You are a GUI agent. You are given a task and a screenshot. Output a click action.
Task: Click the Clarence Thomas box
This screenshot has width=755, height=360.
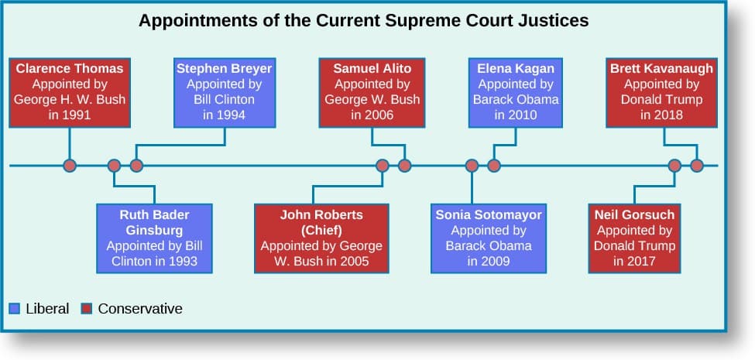[x=70, y=93]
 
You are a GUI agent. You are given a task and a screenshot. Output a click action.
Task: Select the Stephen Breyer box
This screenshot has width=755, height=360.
[x=225, y=93]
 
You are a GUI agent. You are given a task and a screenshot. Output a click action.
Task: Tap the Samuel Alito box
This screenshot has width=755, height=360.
[x=372, y=93]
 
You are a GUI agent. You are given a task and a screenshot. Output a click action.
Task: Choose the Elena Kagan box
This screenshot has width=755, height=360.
[x=516, y=93]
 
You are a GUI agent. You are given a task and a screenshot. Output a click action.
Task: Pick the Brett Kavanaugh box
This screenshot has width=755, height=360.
[x=661, y=93]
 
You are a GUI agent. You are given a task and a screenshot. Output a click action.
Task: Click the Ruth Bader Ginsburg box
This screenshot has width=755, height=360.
[x=154, y=238]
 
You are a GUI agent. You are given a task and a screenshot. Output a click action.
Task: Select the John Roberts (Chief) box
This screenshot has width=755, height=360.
[x=321, y=238]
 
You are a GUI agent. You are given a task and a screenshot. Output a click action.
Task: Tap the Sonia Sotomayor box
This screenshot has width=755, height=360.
[x=489, y=238]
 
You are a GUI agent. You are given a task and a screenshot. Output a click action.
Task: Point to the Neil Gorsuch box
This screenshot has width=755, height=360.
[x=635, y=238]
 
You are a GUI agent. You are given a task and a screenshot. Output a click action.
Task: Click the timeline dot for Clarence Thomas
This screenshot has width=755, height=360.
[x=70, y=166]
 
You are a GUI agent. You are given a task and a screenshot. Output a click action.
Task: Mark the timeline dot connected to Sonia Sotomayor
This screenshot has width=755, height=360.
[x=472, y=166]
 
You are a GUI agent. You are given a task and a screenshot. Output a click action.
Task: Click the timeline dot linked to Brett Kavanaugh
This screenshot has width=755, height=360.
[x=697, y=166]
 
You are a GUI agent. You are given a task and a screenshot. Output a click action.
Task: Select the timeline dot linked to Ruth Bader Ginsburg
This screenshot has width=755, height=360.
[x=114, y=166]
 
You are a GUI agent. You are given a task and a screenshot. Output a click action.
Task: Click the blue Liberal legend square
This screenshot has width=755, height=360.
[x=15, y=308]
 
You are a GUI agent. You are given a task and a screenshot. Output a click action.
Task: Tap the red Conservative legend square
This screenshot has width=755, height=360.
[x=86, y=308]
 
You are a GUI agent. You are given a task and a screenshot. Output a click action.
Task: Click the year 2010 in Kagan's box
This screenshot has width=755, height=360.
[x=524, y=115]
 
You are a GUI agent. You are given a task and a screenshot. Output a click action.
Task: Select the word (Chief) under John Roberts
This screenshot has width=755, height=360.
[x=321, y=230]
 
